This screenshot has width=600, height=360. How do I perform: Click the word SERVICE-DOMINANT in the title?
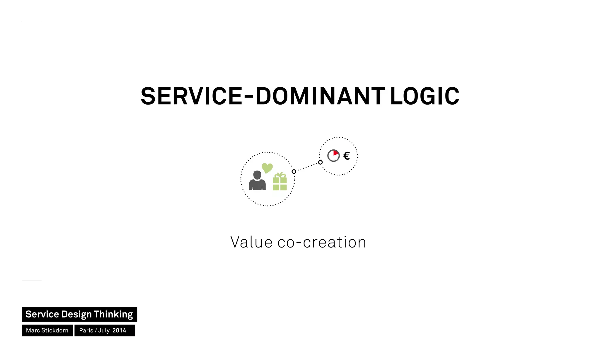coord(262,96)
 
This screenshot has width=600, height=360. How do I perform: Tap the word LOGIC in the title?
coord(425,96)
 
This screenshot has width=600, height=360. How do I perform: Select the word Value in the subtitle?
coord(251,242)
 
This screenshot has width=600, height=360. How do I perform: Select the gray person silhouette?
coord(257,181)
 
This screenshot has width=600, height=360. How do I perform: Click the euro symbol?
coord(347,156)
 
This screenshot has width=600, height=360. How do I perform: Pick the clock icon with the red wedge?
coord(333,156)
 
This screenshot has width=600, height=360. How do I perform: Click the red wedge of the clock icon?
coord(335,153)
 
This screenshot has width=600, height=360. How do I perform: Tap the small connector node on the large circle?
coord(294,172)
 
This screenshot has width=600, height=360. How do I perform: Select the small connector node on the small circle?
coord(320,162)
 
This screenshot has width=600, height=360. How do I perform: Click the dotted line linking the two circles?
coord(307,167)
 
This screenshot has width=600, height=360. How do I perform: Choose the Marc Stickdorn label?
coord(47,330)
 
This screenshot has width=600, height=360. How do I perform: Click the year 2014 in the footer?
coord(119,330)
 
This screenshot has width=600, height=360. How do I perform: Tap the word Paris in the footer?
coord(86,330)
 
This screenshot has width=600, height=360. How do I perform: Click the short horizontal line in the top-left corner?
coord(32,22)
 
